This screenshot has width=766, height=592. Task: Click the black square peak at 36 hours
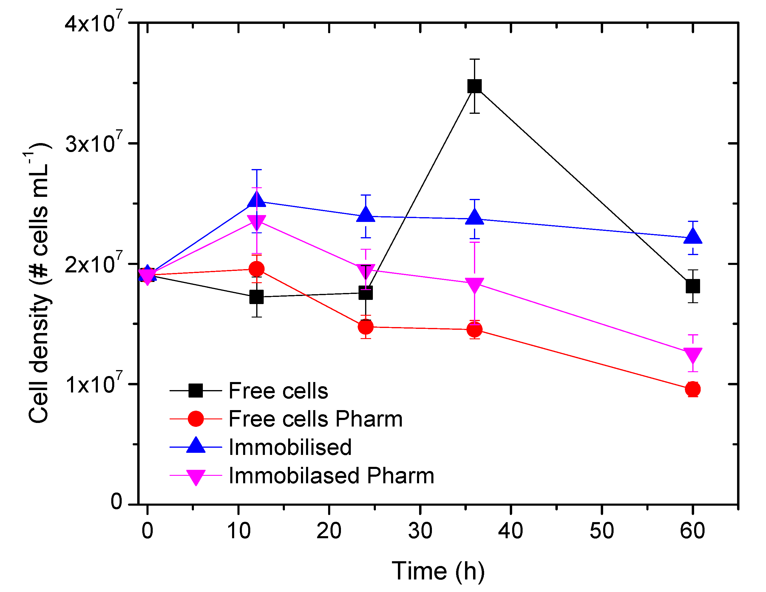pos(475,86)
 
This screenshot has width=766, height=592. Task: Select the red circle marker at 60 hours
pos(693,389)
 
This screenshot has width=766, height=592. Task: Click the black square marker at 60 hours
pos(693,286)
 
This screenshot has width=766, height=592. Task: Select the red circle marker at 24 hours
pos(365,327)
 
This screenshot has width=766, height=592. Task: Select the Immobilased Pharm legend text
pos(331,476)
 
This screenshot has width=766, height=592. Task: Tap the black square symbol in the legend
pos(195,390)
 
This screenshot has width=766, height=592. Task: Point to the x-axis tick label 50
pos(602,531)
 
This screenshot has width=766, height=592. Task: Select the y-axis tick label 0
pos(116,501)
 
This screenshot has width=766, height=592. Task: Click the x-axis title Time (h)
pos(438,571)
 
